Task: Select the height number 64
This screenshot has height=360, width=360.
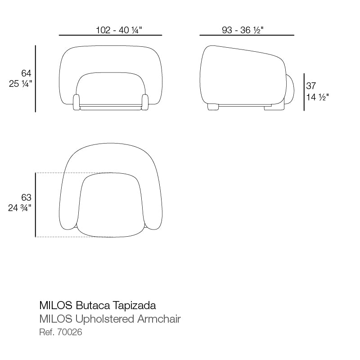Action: [26, 73]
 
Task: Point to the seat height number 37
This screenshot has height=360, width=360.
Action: [311, 85]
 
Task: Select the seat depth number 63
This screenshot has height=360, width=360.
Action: [26, 197]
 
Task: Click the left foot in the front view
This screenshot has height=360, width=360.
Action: [76, 102]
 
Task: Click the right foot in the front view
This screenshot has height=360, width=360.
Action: [145, 102]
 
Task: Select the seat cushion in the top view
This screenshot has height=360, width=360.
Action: [111, 205]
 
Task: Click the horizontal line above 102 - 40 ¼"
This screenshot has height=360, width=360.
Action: [110, 35]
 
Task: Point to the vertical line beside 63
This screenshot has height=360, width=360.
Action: [36, 205]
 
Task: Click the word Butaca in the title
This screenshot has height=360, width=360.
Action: [90, 306]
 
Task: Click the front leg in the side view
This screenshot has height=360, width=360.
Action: [212, 107]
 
